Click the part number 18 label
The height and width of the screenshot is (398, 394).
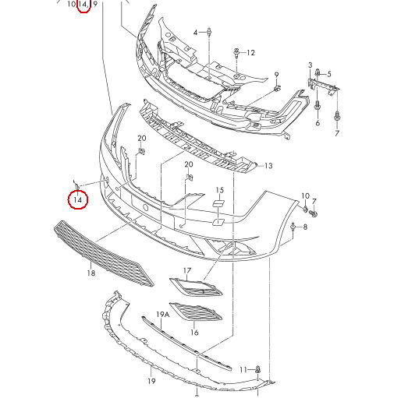(91, 273)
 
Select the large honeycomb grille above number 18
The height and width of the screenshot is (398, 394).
(104, 255)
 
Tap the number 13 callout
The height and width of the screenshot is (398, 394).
(268, 166)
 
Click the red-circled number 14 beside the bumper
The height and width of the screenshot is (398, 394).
(78, 199)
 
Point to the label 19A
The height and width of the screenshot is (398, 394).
(163, 315)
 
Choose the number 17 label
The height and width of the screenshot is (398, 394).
(187, 271)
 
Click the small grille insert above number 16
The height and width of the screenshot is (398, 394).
(196, 312)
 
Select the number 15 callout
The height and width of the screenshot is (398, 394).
(220, 190)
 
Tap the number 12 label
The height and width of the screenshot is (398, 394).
(250, 53)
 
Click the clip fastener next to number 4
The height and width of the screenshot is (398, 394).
(209, 32)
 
